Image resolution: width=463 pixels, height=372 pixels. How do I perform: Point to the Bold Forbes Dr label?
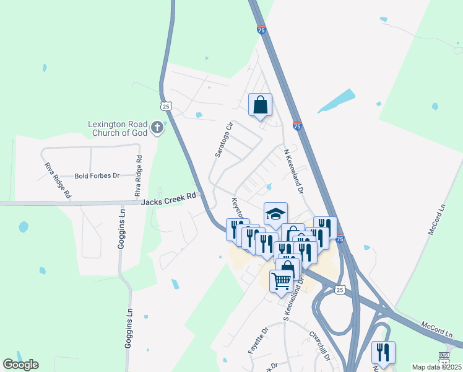[97, 176]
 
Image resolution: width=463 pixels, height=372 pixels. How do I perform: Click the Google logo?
[20, 365]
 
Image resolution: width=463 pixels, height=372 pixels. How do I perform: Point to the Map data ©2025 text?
[436, 367]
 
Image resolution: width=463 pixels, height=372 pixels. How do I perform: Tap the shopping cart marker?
[281, 281]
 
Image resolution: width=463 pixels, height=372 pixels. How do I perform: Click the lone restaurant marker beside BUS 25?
[383, 352]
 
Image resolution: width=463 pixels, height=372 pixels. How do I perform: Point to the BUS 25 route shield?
[444, 358]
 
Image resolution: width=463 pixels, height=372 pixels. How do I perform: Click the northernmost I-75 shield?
[261, 29]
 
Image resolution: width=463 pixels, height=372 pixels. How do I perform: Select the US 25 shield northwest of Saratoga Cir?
[165, 105]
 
